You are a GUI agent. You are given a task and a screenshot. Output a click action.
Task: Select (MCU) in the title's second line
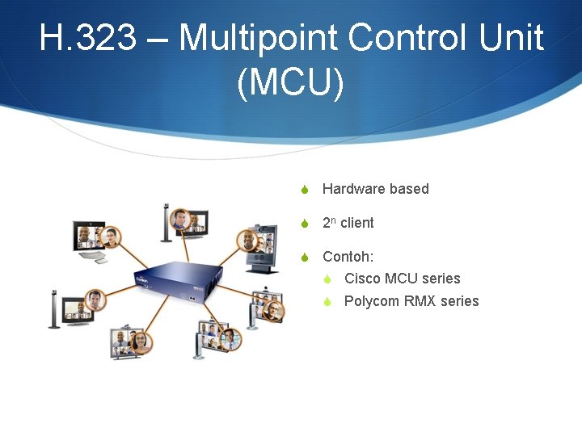tap(291, 84)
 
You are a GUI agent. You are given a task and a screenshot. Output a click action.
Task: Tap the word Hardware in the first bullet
tap(353, 189)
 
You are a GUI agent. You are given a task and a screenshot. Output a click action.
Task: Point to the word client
tap(357, 223)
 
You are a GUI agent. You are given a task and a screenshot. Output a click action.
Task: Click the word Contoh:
tap(348, 257)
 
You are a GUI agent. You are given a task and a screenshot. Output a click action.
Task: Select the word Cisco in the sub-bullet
tap(362, 279)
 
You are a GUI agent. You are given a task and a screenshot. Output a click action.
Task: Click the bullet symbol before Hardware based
tap(305, 190)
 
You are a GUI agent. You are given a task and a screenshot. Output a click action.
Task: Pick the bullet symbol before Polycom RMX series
tap(327, 302)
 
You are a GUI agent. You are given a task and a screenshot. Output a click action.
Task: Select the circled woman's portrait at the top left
tap(111, 237)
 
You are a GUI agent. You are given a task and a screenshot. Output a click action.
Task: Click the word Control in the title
tap(408, 39)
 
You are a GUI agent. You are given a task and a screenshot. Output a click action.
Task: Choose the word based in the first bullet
tap(409, 189)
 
